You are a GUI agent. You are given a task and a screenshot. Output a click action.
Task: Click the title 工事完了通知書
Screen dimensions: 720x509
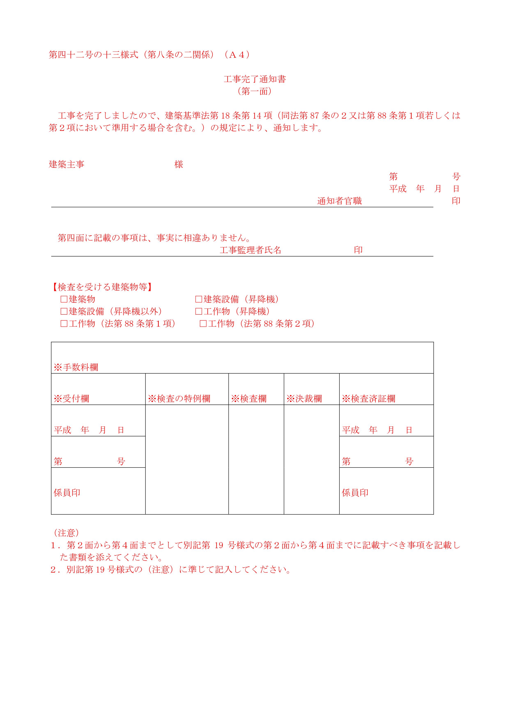coord(254,79)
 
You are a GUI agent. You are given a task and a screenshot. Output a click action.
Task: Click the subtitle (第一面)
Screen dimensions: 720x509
coord(254,91)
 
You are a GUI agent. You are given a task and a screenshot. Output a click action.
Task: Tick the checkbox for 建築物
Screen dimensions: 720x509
coord(64,299)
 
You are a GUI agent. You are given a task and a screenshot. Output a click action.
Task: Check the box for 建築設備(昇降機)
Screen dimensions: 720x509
coord(199,299)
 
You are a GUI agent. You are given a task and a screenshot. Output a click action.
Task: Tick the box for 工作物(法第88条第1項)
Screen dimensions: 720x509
coord(64,324)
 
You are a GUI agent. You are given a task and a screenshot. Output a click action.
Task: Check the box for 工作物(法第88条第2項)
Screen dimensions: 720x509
coord(203,324)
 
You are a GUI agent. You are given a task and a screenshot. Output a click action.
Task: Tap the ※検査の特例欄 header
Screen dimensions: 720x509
coord(179,399)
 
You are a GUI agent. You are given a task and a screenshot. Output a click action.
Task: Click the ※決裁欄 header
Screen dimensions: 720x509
coord(304,399)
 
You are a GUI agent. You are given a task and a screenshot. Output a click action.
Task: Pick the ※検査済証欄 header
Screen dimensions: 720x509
coord(369,399)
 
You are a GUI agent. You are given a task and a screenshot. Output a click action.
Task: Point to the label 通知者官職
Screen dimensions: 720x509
coord(339,201)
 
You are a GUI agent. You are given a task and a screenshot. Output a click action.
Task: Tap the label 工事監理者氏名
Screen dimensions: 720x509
coord(250,250)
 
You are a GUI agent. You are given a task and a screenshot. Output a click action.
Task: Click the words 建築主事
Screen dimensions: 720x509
coord(67,164)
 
